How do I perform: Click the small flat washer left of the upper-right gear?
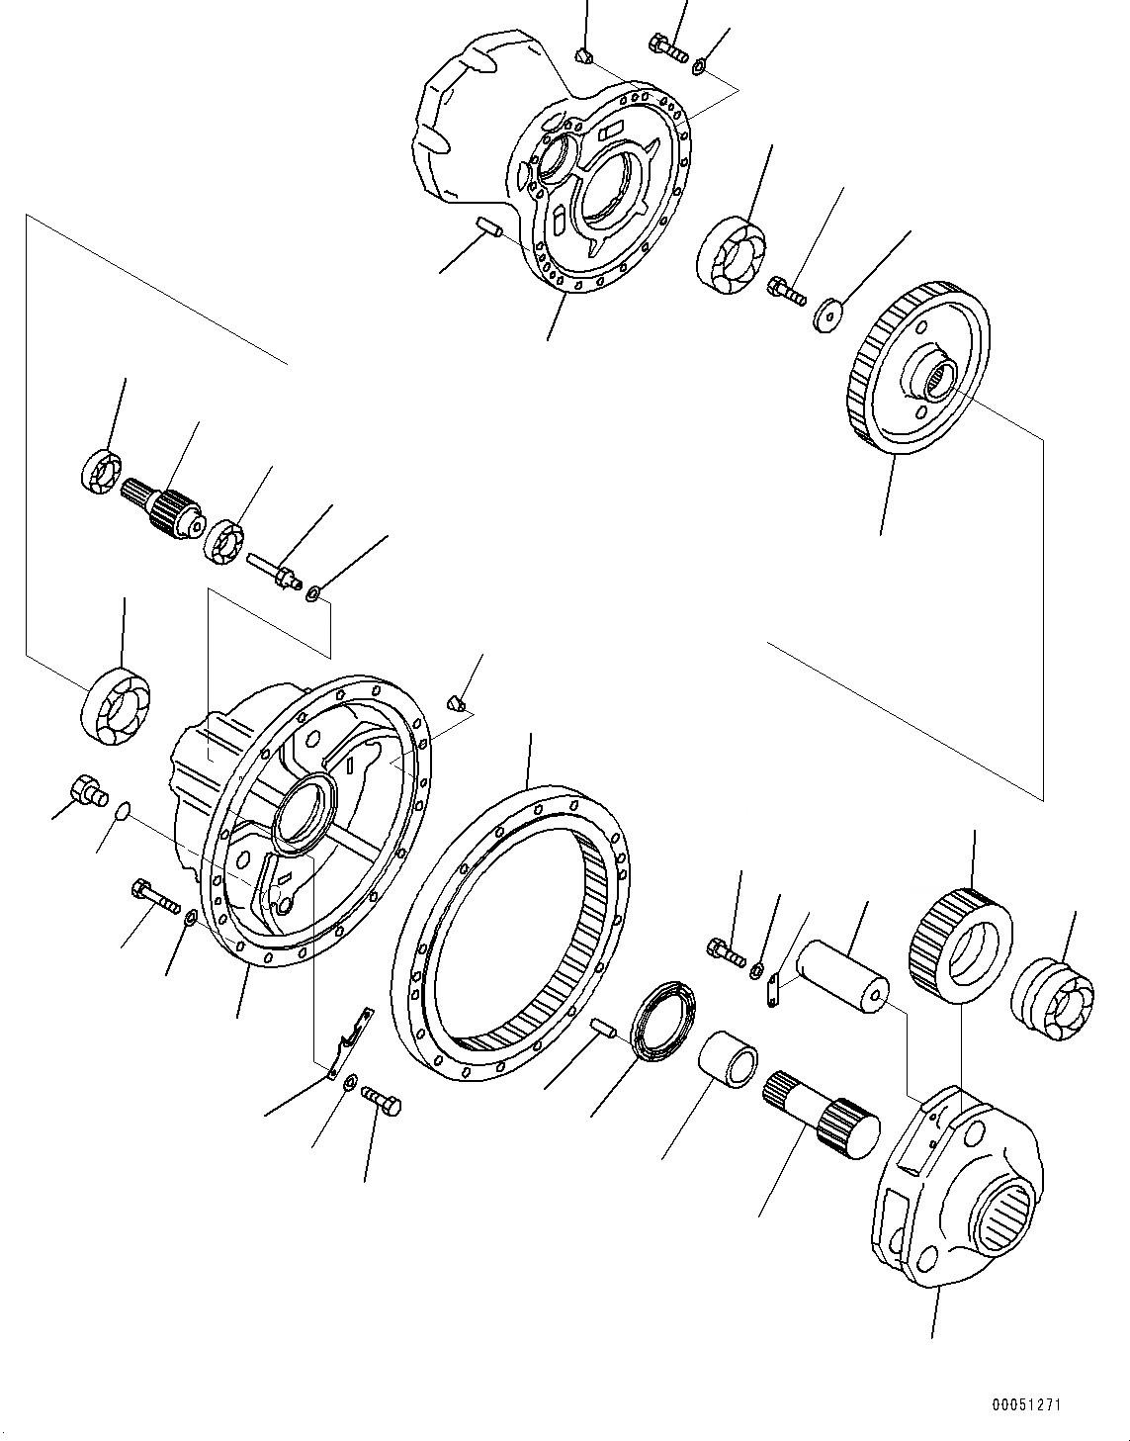[827, 315]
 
